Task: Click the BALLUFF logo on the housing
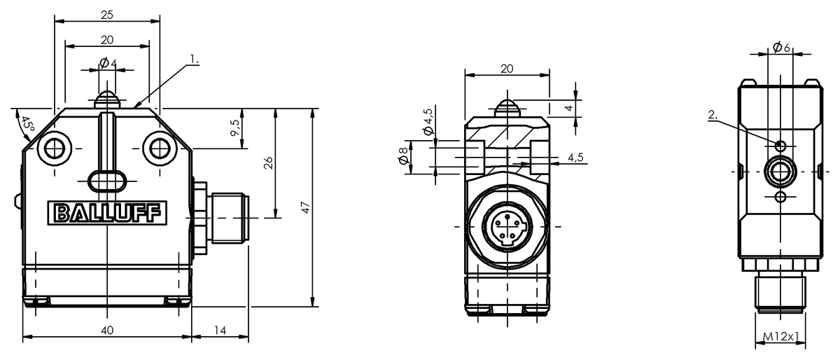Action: [107, 213]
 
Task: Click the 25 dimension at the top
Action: [107, 15]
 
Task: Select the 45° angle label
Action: [27, 125]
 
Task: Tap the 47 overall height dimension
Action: [306, 207]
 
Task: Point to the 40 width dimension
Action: [107, 331]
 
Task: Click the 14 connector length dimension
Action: [220, 331]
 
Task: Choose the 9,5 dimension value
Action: [235, 127]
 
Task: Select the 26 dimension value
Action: [268, 163]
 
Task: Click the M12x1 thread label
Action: [780, 336]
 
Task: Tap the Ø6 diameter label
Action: [781, 48]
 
